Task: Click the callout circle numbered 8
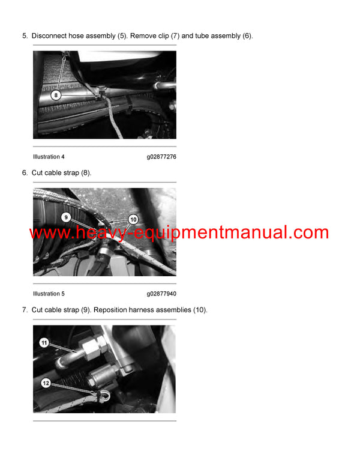coord(55,95)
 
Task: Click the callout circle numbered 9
coord(66,216)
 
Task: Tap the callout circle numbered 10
coord(133,220)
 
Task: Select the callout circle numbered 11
coord(44,342)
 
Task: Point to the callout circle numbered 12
coord(46,383)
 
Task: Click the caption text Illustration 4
coord(49,157)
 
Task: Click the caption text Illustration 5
coord(49,294)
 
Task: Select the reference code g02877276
coord(161,157)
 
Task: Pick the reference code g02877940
coord(161,294)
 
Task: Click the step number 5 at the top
coord(25,36)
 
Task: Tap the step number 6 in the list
coord(25,173)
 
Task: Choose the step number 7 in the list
coord(25,310)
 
